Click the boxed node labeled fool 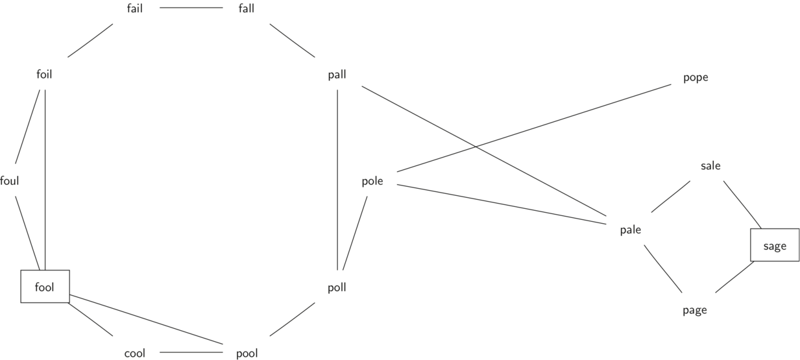(x=45, y=286)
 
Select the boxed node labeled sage (x=775, y=246)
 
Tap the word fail (x=135, y=8)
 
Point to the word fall (x=247, y=8)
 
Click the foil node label (x=44, y=74)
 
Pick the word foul (x=10, y=181)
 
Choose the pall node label (x=337, y=75)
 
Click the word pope (x=696, y=77)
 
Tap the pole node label (x=372, y=181)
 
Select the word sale (x=710, y=165)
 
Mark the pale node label (x=630, y=230)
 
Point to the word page (x=694, y=310)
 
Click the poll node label (x=337, y=287)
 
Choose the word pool (x=247, y=354)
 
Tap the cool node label (x=135, y=354)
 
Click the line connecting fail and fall (x=191, y=8)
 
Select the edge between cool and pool (x=191, y=353)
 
